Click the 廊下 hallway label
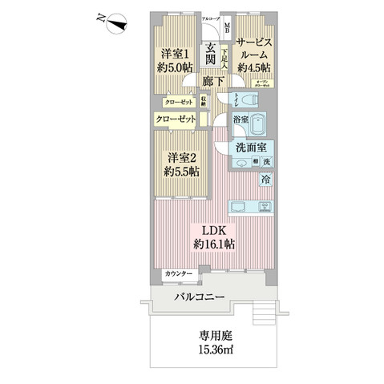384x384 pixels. click(x=212, y=83)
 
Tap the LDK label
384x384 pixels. click(x=208, y=227)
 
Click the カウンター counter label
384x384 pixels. click(x=179, y=274)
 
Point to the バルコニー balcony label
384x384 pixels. click(x=200, y=299)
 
